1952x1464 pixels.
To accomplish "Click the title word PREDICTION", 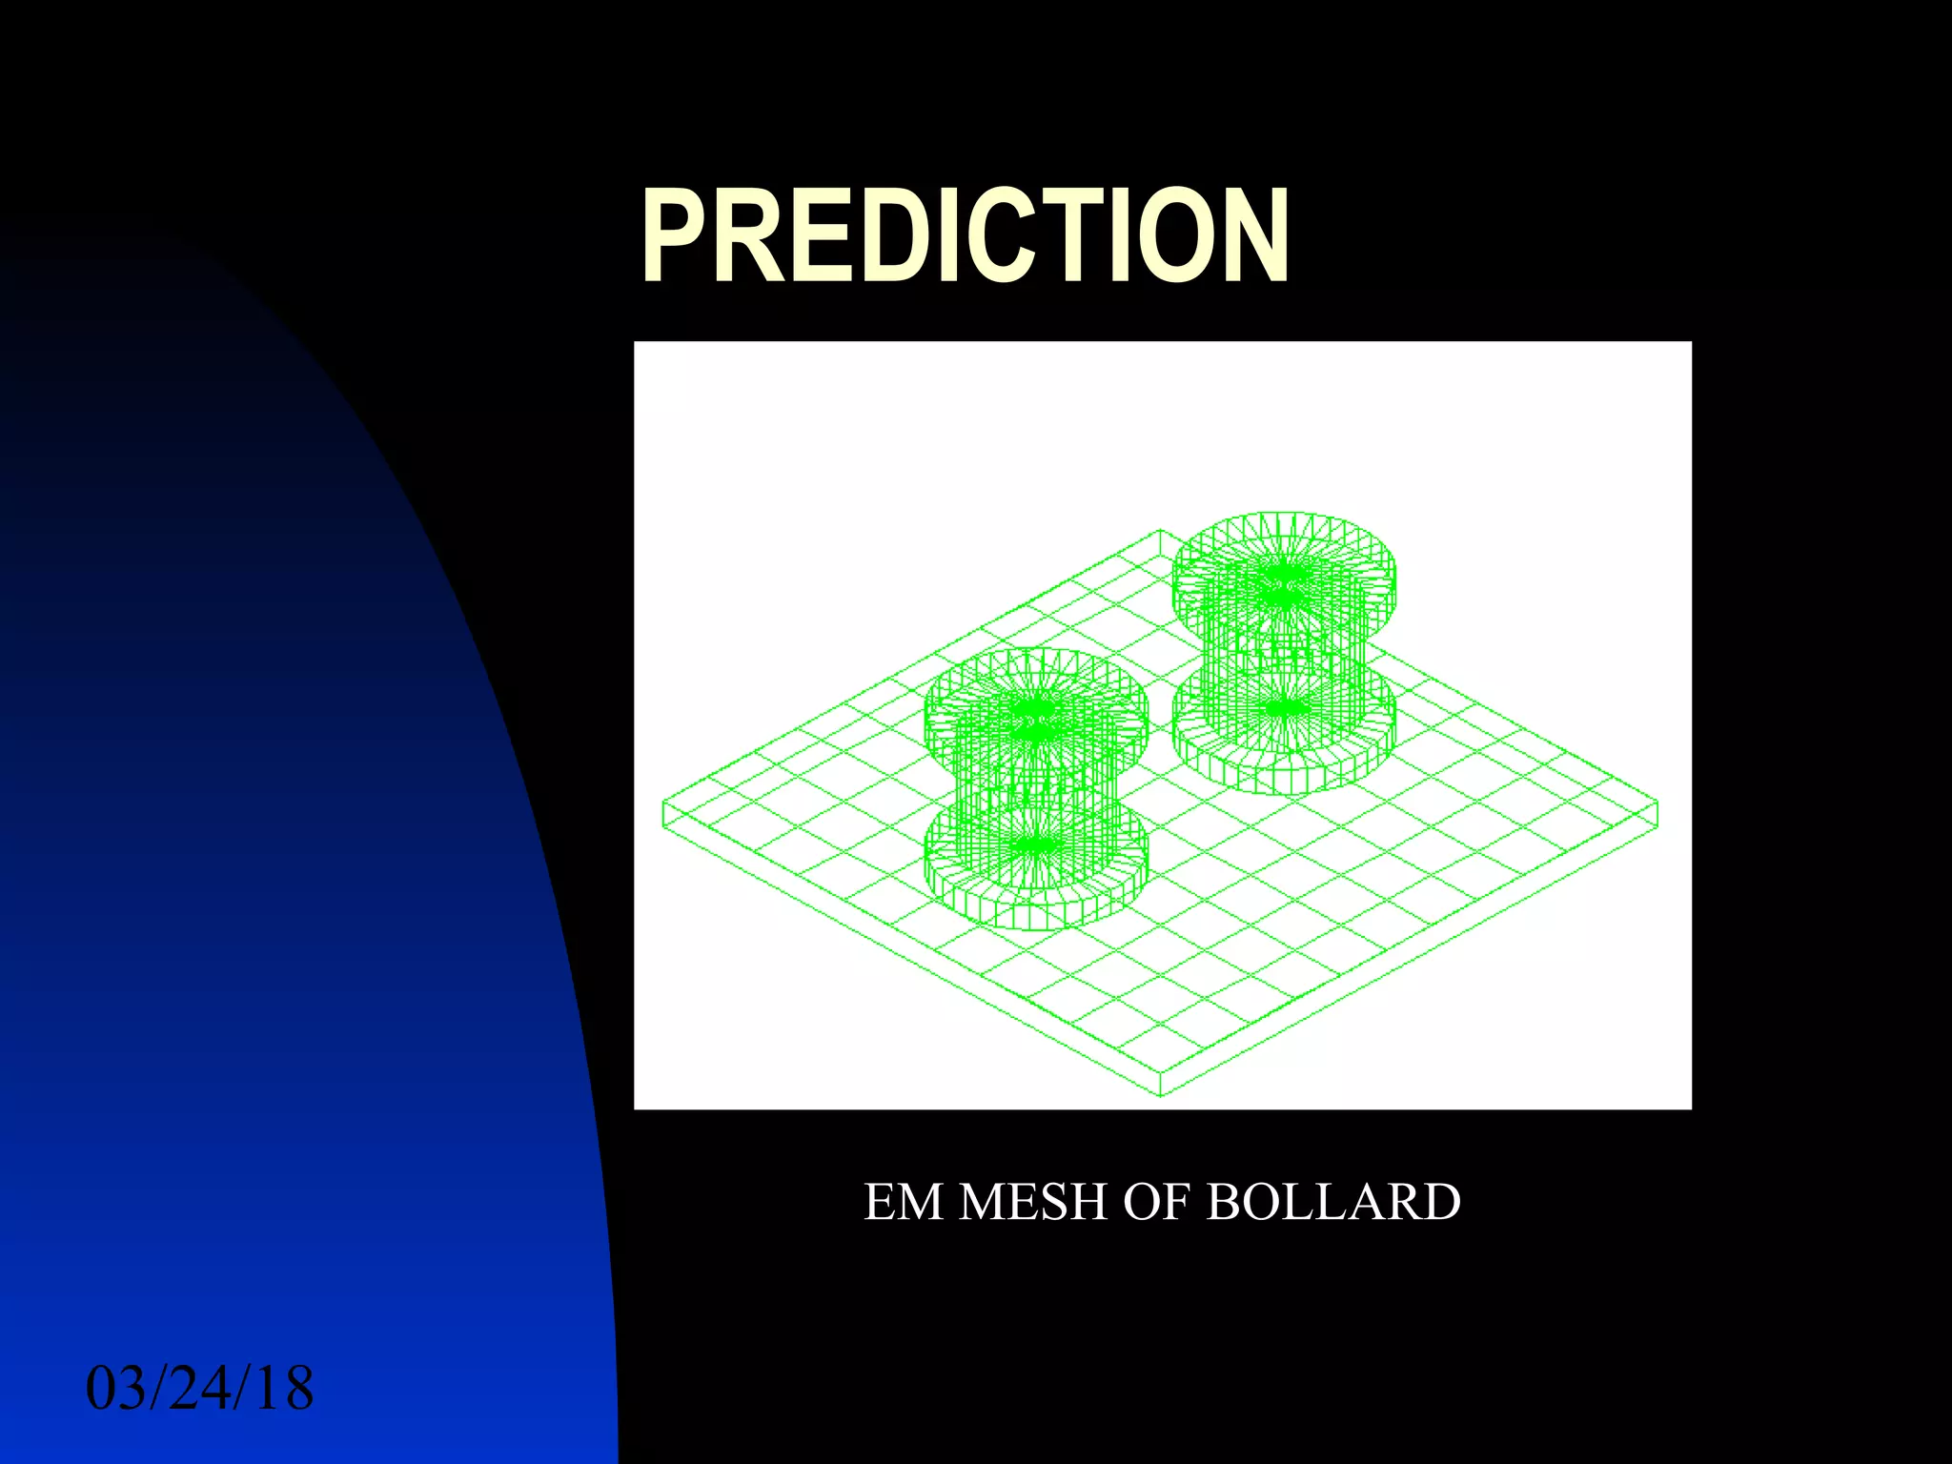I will pos(965,236).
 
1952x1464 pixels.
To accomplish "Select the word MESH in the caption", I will pos(1033,1203).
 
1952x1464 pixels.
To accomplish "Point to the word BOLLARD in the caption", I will pos(1333,1203).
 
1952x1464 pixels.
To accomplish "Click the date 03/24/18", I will pos(200,1389).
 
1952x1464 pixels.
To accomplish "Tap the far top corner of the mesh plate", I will pos(1161,531).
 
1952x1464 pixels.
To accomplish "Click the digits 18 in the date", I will pos(284,1389).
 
